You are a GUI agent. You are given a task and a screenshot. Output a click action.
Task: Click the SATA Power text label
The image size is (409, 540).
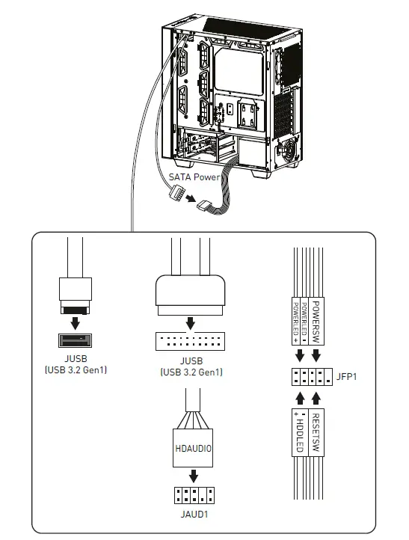[194, 177]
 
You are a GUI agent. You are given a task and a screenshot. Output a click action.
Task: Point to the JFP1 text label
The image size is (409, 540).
[346, 376]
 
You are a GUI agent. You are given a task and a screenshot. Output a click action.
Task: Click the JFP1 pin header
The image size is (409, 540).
[307, 376]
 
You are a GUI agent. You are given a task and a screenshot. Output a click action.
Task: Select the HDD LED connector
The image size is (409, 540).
[298, 433]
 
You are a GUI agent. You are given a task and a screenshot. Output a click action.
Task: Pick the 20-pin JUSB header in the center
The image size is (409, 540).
[191, 341]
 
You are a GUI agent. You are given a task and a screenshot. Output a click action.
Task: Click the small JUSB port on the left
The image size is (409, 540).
[75, 341]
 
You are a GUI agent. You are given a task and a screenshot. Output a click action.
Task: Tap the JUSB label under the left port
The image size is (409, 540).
[75, 363]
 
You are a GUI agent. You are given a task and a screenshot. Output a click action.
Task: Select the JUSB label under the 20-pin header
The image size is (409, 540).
[191, 366]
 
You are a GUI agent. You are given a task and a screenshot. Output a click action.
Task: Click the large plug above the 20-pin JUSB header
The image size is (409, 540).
[191, 293]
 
